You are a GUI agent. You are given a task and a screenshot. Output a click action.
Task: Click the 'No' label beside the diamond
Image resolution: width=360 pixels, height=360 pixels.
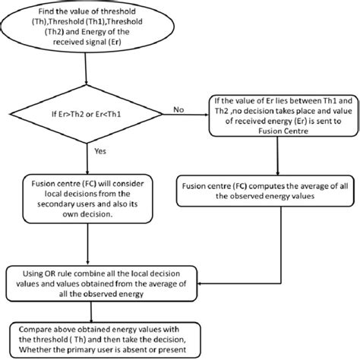click(x=178, y=109)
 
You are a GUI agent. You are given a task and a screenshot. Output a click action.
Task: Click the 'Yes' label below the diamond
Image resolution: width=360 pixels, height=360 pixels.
click(x=100, y=151)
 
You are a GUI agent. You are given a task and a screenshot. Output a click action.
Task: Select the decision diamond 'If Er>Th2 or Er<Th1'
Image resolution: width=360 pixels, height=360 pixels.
click(x=86, y=114)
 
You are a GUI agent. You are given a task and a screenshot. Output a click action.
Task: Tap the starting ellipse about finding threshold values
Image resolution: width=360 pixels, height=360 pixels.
click(x=87, y=27)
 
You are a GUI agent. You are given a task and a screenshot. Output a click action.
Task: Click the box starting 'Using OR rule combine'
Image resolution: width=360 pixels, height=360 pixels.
click(x=102, y=283)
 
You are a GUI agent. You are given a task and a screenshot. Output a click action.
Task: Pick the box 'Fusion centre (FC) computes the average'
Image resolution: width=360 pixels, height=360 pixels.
click(x=265, y=191)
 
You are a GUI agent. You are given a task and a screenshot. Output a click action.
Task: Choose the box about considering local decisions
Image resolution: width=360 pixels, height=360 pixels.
click(x=87, y=199)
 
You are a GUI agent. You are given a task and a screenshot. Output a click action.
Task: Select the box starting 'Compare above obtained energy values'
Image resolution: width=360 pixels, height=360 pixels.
click(x=106, y=339)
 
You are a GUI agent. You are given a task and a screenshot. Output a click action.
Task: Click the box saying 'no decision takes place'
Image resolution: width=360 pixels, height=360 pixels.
click(x=283, y=116)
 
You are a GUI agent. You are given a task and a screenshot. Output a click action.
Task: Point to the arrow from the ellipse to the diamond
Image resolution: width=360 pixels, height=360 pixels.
click(x=86, y=68)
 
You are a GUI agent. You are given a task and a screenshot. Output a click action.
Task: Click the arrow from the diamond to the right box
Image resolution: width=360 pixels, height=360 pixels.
click(x=185, y=115)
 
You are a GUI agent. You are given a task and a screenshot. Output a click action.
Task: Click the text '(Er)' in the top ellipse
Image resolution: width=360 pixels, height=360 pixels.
click(x=115, y=42)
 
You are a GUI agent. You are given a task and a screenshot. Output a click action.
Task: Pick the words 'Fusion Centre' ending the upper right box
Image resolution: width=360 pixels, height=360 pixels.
click(x=283, y=131)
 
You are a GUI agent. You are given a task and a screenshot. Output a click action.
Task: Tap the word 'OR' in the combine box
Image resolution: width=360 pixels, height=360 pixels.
click(x=49, y=273)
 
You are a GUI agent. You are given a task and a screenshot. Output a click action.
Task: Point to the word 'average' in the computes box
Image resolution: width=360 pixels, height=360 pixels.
click(x=316, y=186)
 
